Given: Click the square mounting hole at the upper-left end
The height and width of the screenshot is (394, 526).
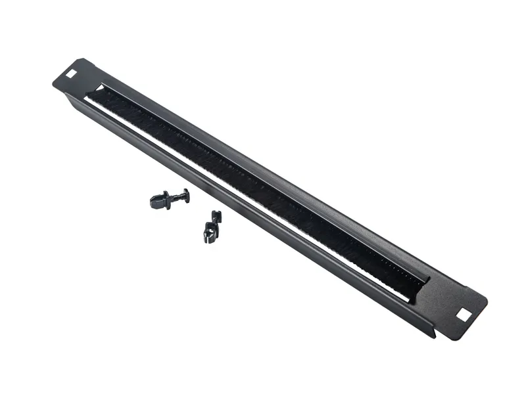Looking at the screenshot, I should coord(70,67).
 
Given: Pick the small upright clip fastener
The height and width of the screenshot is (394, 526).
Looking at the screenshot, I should coord(212,226).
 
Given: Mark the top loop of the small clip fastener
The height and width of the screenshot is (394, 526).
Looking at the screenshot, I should coord(216,215).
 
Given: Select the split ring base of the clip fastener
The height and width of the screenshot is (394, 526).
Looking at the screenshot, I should coord(210,234).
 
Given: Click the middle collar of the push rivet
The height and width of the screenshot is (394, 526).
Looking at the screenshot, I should coord(172,197).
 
